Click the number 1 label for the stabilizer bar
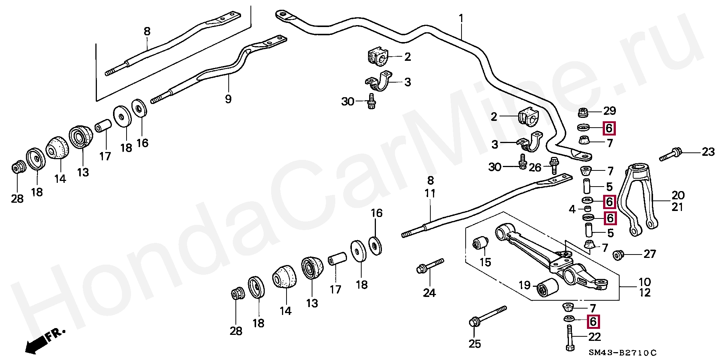point(461,18)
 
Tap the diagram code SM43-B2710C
point(622,353)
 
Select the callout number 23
point(708,152)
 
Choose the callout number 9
point(228,99)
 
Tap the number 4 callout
point(572,209)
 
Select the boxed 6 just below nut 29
point(609,128)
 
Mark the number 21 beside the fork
point(678,207)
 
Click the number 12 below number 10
point(645,292)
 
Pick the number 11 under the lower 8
point(430,194)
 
